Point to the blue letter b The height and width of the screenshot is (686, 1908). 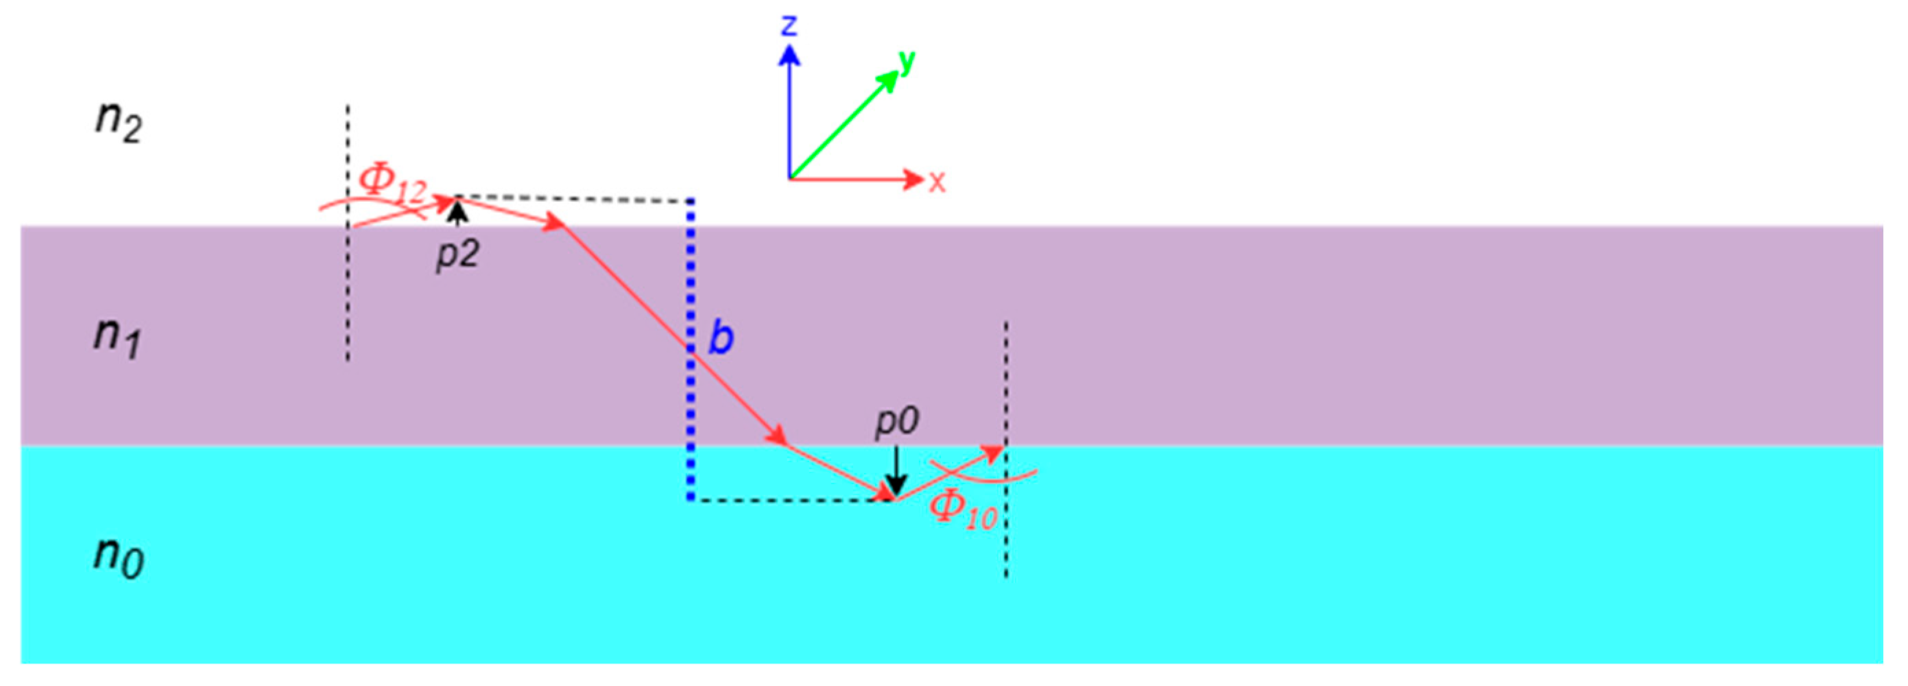tap(721, 337)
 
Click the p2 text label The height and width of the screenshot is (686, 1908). tap(457, 255)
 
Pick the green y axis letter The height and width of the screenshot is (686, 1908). tap(907, 62)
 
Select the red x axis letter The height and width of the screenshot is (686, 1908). tap(938, 182)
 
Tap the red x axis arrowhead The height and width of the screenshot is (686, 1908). tap(914, 179)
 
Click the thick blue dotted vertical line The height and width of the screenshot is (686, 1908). tap(691, 348)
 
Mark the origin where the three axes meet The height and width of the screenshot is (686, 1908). tap(789, 179)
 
